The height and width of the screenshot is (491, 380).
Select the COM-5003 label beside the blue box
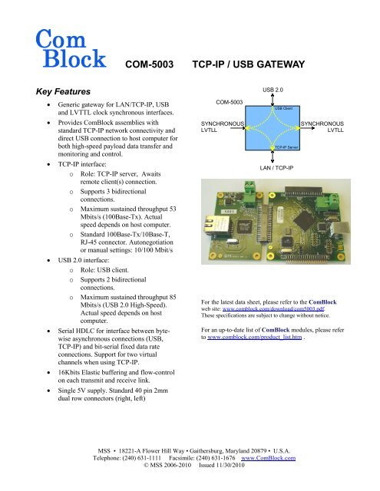tap(230, 102)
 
